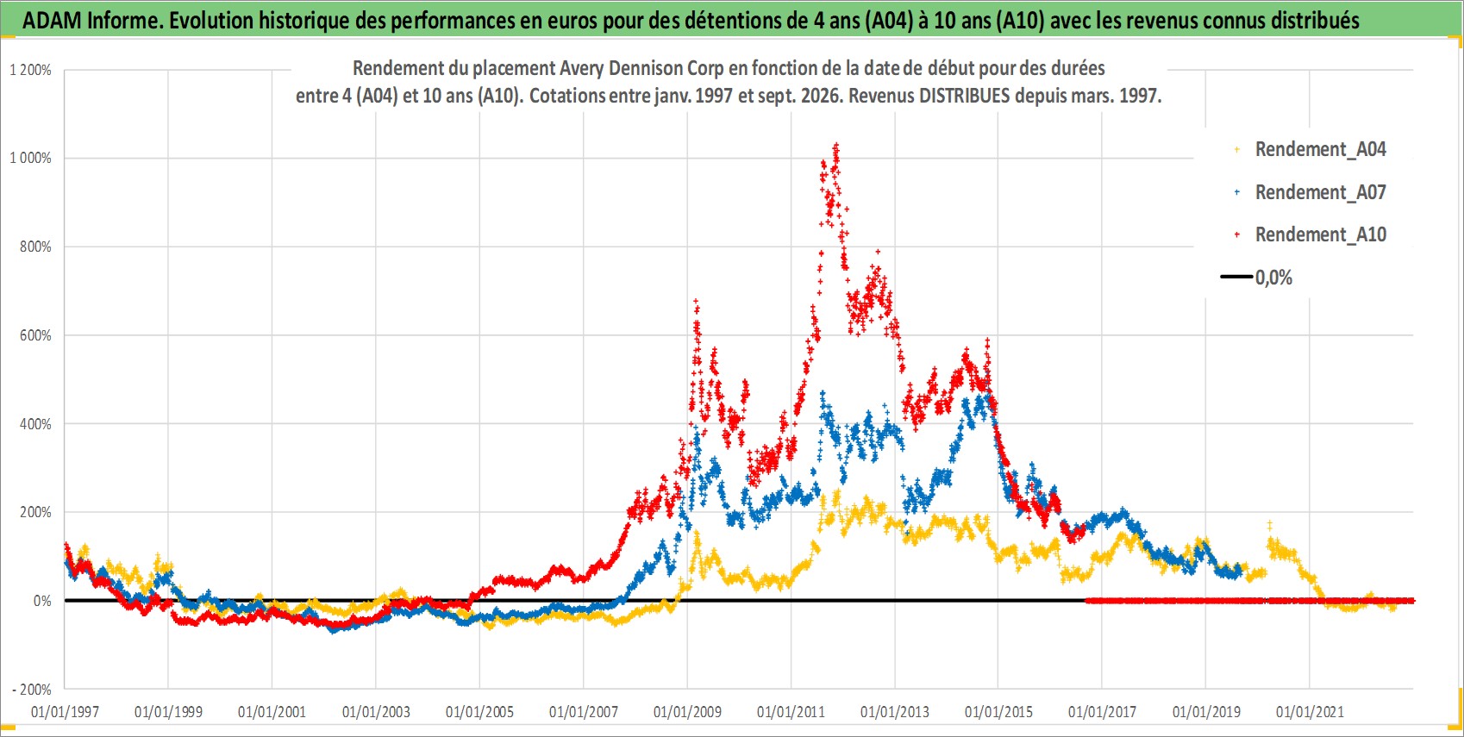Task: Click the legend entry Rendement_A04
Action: click(x=1320, y=150)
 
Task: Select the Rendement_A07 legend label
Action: click(x=1320, y=192)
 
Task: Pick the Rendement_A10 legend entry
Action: click(x=1320, y=234)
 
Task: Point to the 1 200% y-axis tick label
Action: click(x=30, y=70)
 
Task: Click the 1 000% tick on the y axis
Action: click(x=30, y=158)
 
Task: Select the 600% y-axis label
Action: click(x=35, y=335)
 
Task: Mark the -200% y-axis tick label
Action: click(x=32, y=690)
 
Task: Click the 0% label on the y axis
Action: click(x=42, y=601)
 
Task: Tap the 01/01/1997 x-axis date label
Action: click(x=65, y=711)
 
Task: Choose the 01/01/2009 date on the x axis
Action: click(x=687, y=711)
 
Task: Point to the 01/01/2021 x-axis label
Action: click(x=1310, y=711)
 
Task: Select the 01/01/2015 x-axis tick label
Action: click(x=998, y=711)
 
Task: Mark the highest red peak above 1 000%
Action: click(x=836, y=146)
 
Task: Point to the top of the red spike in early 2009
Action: click(x=696, y=301)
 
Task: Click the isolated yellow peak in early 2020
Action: click(x=1269, y=524)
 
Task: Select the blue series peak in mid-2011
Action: click(x=823, y=393)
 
